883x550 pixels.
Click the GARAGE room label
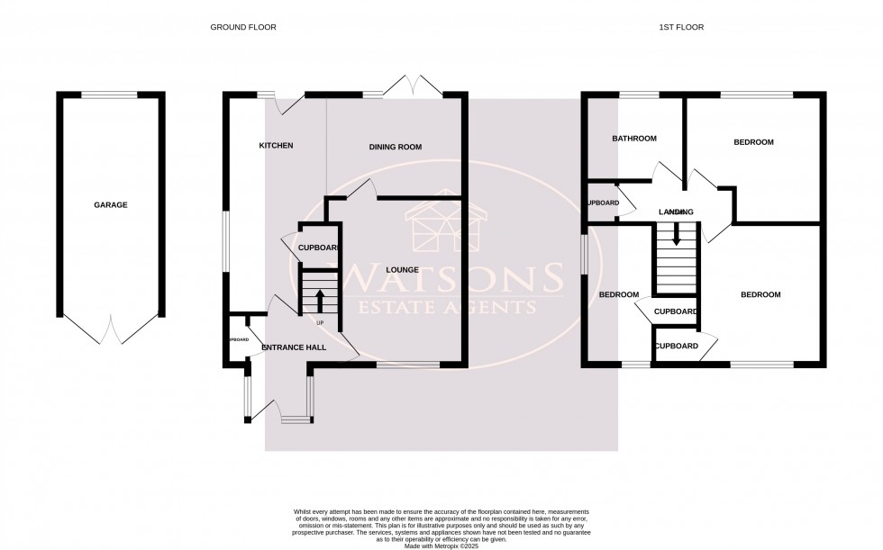111,205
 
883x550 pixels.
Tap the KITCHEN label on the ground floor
276,146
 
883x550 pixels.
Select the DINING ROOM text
396,147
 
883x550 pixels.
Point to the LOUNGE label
402,269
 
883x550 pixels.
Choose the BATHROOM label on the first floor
634,139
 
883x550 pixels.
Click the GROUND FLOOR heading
243,28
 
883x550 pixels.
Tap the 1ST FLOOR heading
680,28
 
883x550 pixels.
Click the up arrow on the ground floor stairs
319,298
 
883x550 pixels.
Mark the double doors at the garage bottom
111,329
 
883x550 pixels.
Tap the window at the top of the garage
110,94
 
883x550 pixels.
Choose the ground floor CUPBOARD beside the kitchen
316,248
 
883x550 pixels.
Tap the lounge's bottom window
408,365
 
